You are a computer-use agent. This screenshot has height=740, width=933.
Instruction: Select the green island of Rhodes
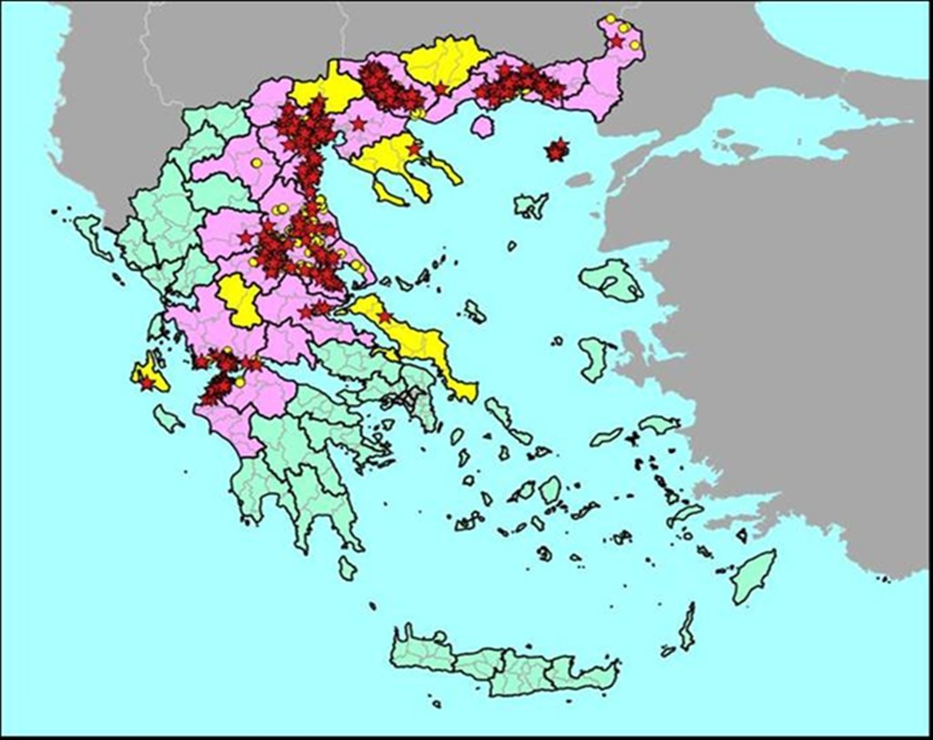(754, 578)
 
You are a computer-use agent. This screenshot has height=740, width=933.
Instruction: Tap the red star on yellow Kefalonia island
(147, 383)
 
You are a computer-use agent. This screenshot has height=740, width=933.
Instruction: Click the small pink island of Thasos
(483, 126)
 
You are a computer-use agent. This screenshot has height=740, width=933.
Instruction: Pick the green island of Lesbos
(611, 281)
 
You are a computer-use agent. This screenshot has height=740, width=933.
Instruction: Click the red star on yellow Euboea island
(384, 316)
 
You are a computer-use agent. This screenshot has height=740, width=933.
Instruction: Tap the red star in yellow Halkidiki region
(415, 149)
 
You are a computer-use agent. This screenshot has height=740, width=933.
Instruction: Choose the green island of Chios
(594, 357)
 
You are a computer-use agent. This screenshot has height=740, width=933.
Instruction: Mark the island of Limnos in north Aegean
(530, 206)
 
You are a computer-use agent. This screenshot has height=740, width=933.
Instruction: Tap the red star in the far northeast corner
(616, 40)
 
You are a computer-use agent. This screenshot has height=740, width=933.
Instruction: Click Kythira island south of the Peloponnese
(347, 568)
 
